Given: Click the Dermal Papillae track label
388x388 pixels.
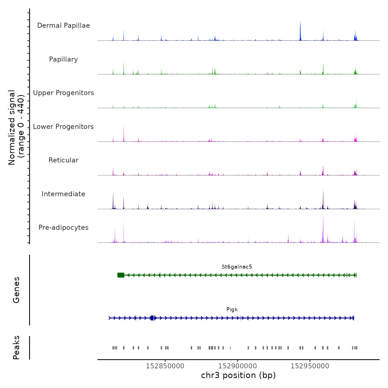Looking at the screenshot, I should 63,25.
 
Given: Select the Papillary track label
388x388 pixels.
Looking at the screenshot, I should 63,59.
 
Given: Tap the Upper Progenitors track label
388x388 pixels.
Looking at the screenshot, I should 63,93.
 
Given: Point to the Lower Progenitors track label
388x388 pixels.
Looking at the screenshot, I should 63,127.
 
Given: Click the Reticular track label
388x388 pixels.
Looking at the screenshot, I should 63,160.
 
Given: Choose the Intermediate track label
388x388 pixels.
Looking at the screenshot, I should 63,194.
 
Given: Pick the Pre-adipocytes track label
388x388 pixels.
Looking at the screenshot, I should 63,228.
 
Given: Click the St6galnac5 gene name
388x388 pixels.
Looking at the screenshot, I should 237,267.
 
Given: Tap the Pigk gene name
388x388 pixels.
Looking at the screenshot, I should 232,310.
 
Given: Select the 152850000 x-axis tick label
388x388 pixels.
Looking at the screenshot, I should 165,366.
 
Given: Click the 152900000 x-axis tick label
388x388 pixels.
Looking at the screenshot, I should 238,366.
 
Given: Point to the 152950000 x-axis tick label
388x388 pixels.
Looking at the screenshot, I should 310,366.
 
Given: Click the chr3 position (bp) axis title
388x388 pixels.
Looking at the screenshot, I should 238,375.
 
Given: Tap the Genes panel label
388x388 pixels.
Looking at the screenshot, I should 16,290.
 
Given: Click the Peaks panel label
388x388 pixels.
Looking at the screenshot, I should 16,348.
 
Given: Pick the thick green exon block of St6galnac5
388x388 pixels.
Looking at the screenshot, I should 121,275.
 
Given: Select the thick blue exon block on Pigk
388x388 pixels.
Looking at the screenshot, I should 152,318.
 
